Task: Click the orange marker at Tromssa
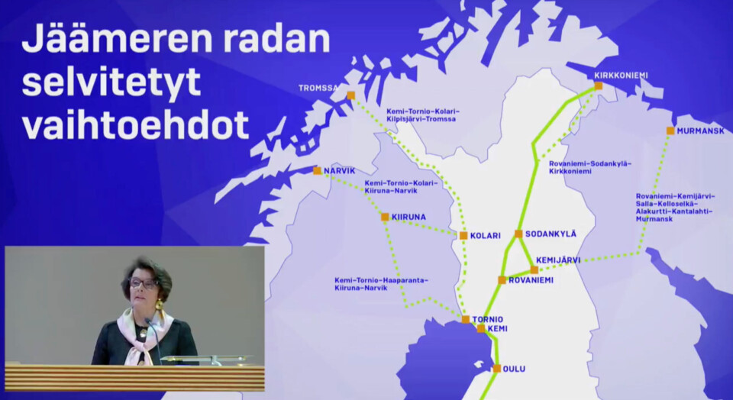(x=350, y=95)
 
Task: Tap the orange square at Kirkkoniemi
(x=599, y=86)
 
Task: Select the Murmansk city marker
(x=670, y=131)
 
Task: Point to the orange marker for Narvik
(x=318, y=170)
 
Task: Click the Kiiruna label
(x=408, y=217)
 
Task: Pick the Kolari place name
(x=486, y=236)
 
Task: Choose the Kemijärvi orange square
(x=534, y=269)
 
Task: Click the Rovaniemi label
(x=531, y=280)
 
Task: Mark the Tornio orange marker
(x=466, y=319)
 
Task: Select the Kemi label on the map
(x=497, y=328)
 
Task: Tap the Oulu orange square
(x=497, y=368)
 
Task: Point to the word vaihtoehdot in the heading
(x=136, y=125)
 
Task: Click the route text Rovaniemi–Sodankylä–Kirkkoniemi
(x=590, y=167)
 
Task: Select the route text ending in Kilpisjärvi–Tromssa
(x=423, y=115)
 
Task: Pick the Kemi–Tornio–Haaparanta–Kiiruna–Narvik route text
(x=381, y=284)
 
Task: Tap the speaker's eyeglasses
(x=143, y=282)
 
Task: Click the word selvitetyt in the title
(x=111, y=82)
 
